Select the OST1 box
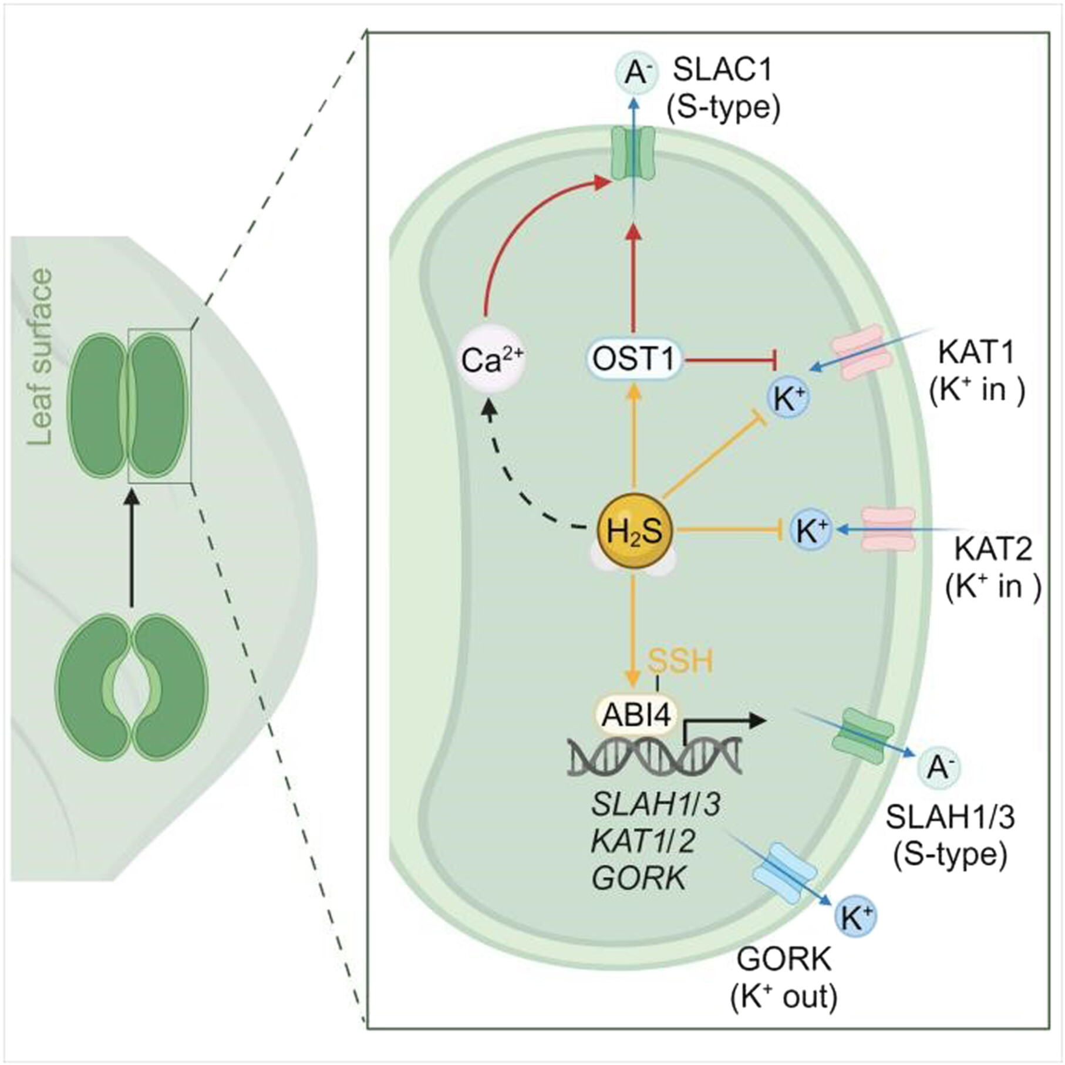(x=633, y=359)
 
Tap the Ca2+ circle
(x=491, y=359)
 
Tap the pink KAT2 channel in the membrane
(x=888, y=529)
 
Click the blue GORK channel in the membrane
(x=784, y=873)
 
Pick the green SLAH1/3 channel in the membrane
(x=863, y=736)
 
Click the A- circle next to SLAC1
(x=634, y=73)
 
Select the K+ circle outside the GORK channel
(x=855, y=917)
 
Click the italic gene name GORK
(x=639, y=879)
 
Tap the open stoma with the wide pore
(x=132, y=687)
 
